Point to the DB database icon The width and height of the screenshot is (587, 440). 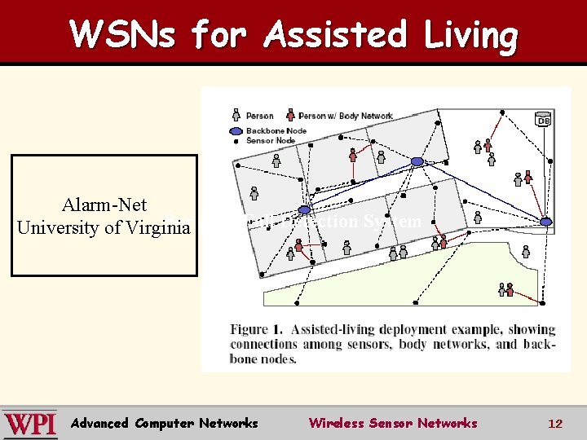pos(543,120)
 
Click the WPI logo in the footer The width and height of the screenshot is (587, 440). pos(30,423)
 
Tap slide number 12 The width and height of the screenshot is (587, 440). pos(555,423)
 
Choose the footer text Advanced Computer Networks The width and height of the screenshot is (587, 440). pos(165,423)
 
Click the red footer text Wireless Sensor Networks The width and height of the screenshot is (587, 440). pos(392,423)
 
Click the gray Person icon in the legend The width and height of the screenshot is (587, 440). pos(236,116)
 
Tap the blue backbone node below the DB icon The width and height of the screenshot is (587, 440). pos(546,221)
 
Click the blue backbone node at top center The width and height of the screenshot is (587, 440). pos(417,161)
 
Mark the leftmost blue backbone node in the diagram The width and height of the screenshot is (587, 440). pos(304,210)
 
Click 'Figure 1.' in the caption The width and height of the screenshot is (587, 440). pos(257,330)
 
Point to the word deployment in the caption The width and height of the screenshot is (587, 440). pos(425,330)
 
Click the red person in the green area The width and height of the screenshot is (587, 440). pos(511,289)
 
